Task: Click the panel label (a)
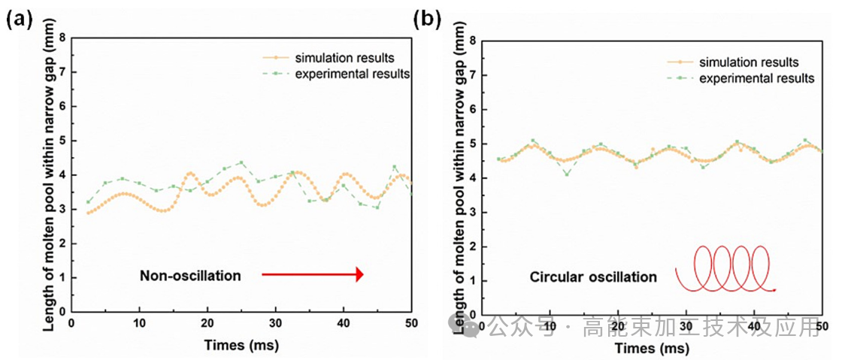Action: tap(20, 20)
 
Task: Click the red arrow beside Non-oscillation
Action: tap(312, 275)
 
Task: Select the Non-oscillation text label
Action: tap(190, 276)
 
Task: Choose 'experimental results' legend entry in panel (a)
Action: tap(352, 74)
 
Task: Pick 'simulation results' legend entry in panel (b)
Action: tap(748, 62)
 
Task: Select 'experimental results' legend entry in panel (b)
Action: tap(756, 78)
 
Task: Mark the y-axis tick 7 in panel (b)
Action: tap(472, 75)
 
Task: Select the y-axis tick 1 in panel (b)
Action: tap(472, 281)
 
